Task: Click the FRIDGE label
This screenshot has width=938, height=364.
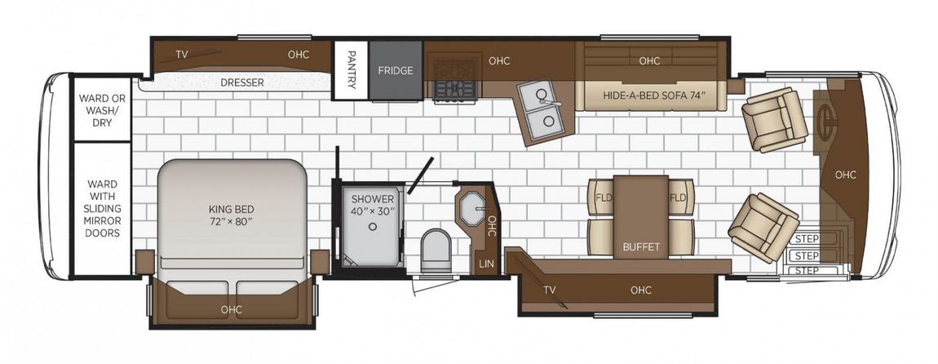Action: [396, 71]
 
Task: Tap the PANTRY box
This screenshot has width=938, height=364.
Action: [352, 69]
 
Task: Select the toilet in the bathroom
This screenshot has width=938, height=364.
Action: [436, 251]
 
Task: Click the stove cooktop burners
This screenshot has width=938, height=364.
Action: [454, 90]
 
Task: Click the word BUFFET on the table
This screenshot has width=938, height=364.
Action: [640, 246]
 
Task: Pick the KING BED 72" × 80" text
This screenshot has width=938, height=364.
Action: [232, 215]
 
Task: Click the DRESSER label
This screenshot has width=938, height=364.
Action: [242, 82]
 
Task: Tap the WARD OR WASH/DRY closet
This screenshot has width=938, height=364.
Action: [102, 109]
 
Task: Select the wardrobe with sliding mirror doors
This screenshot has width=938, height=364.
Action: [102, 209]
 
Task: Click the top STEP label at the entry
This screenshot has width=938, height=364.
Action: [807, 239]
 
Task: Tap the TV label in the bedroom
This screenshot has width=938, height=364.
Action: [182, 55]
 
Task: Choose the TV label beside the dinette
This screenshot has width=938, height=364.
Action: [549, 291]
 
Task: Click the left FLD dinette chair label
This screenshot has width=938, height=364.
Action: [603, 198]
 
